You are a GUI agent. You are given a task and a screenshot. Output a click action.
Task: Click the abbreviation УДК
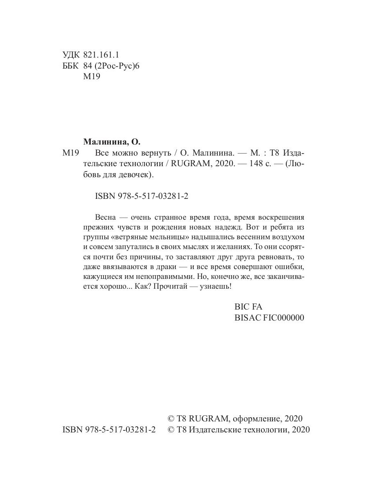coord(71,55)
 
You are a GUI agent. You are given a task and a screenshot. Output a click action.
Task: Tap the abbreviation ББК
coord(71,66)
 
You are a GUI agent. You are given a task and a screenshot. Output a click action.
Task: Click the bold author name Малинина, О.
coord(112,142)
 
